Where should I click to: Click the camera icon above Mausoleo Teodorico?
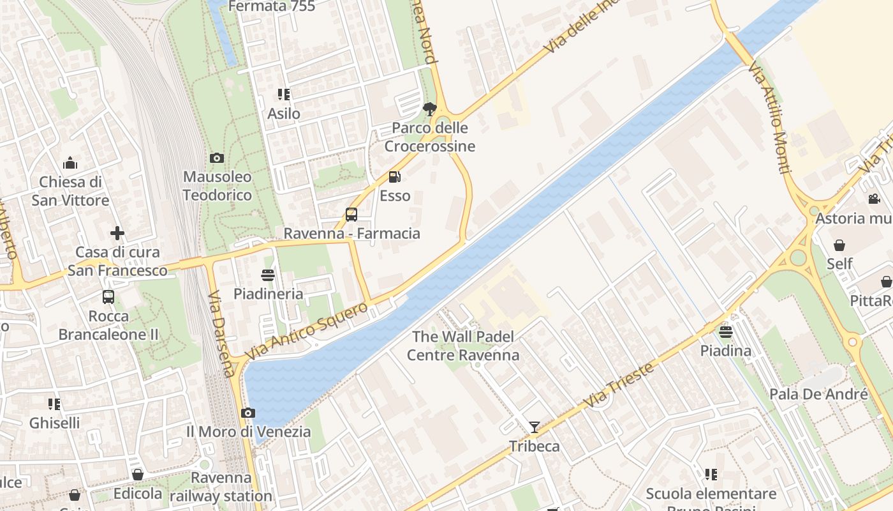[217, 158]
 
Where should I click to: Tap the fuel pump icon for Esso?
[395, 177]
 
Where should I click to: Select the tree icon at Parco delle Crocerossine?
[430, 109]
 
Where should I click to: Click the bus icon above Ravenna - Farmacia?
[351, 215]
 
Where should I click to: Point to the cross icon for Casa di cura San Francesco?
[117, 233]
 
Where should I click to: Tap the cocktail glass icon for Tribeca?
[535, 427]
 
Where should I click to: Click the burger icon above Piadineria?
[268, 275]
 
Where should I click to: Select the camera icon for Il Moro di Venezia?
[248, 413]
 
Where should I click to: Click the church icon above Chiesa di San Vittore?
[70, 163]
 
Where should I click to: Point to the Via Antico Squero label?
[307, 330]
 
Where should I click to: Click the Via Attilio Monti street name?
[770, 118]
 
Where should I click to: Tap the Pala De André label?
[818, 394]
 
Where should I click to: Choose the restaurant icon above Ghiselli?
[54, 404]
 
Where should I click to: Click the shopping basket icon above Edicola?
[138, 475]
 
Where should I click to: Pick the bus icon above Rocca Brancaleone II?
[108, 297]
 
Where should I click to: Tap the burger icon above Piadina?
[726, 332]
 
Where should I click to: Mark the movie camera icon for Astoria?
[874, 199]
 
